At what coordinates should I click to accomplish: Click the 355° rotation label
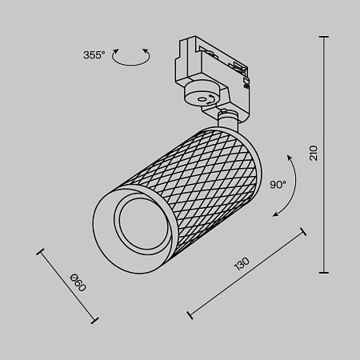coord(94,55)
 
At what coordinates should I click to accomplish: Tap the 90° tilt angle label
coord(278,185)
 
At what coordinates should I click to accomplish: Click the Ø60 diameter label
coord(78,283)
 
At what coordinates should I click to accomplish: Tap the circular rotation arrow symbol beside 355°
coord(131,56)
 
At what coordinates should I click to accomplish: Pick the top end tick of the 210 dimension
coord(325,36)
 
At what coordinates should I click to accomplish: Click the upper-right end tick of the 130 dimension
coord(303,233)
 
